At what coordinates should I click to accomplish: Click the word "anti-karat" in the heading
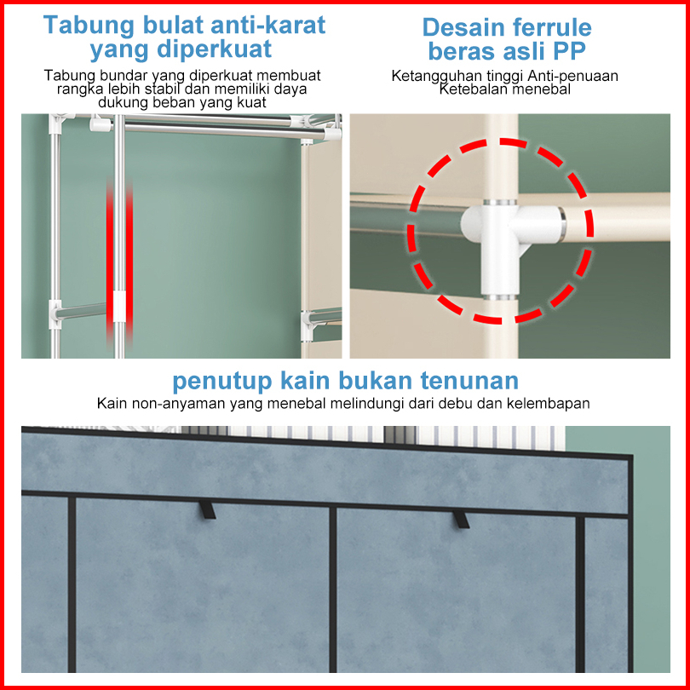point(268,25)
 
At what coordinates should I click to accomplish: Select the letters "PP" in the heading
point(569,51)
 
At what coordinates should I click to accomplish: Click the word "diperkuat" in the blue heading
point(215,49)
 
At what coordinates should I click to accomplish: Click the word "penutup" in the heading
point(222,382)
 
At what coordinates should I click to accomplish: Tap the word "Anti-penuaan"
point(573,76)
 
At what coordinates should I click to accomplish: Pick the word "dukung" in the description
point(124,102)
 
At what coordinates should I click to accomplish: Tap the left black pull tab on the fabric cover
point(207,509)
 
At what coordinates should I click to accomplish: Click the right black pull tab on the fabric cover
point(461,519)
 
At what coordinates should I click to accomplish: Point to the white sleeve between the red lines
point(119,306)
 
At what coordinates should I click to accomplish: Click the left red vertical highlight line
point(110,261)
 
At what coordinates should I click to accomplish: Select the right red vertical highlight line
point(129,261)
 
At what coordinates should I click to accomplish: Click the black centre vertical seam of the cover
point(333,589)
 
